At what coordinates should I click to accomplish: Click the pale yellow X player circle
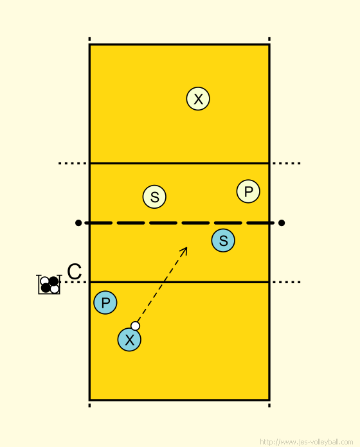coord(198,99)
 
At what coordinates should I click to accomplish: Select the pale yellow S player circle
coord(154,197)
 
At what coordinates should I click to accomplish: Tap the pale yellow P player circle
coord(248,191)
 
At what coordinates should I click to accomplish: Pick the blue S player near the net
coord(223,240)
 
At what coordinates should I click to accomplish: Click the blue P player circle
coord(105,302)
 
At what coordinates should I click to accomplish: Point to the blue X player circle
coord(129,340)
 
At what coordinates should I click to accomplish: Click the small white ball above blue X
coord(135,326)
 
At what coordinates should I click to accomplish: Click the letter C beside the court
coord(75,272)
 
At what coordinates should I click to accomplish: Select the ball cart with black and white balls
coord(49,285)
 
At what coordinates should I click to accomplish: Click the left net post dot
coord(78,223)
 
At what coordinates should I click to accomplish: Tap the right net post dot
coord(282,223)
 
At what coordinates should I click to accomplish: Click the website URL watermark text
coord(307,442)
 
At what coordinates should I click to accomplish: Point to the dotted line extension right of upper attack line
coord(287,163)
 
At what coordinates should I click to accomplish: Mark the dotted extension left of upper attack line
coord(73,163)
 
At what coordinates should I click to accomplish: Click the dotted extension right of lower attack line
coord(287,282)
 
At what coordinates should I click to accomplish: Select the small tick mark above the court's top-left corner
coord(89,39)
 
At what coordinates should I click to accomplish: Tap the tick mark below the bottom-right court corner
coord(269,405)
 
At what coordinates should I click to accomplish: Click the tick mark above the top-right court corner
coord(269,39)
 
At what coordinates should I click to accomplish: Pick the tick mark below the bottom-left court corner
coord(89,405)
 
